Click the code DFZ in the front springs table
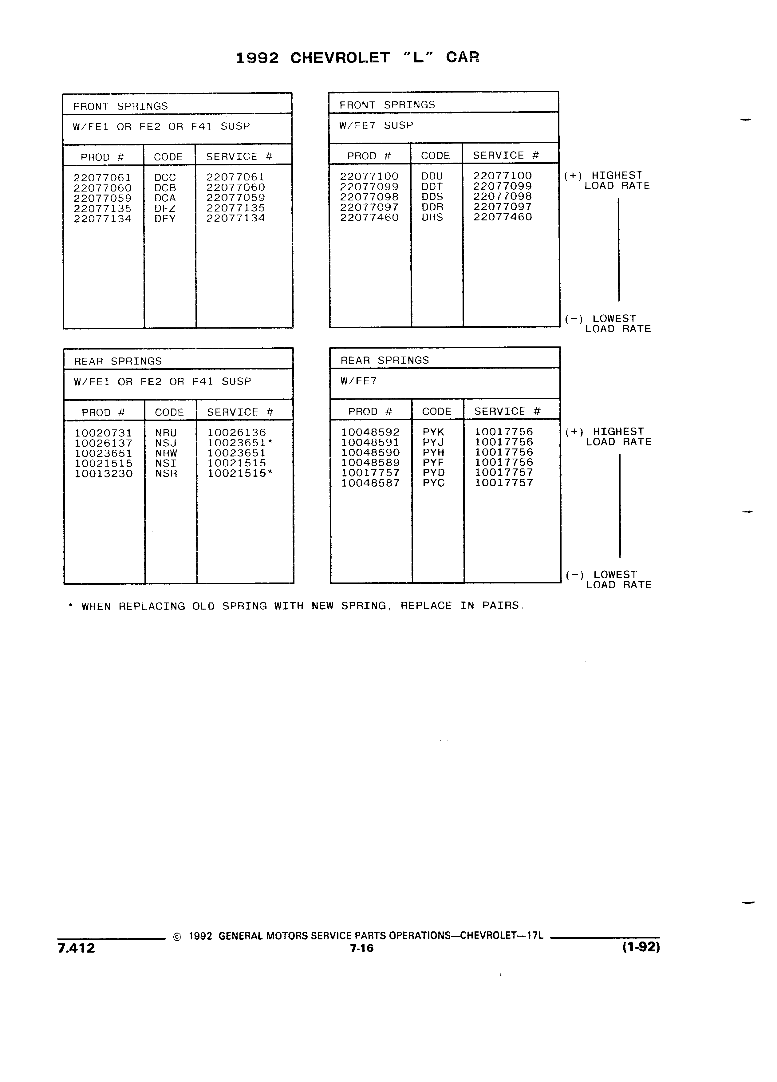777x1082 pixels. (x=165, y=208)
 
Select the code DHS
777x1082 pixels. (x=432, y=218)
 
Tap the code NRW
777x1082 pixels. (x=166, y=453)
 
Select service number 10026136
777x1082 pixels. (x=237, y=433)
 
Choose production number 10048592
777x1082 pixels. (x=370, y=432)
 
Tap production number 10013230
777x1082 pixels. (x=104, y=474)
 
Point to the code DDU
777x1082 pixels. (x=432, y=176)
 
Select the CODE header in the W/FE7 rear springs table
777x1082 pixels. (x=436, y=412)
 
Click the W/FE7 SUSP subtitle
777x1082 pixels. (x=376, y=125)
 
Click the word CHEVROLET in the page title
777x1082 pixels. (x=340, y=58)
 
